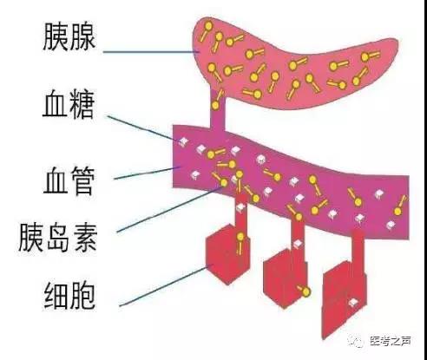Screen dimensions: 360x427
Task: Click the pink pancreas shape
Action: [x=286, y=61]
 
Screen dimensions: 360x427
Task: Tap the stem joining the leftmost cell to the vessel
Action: [x=238, y=213]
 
